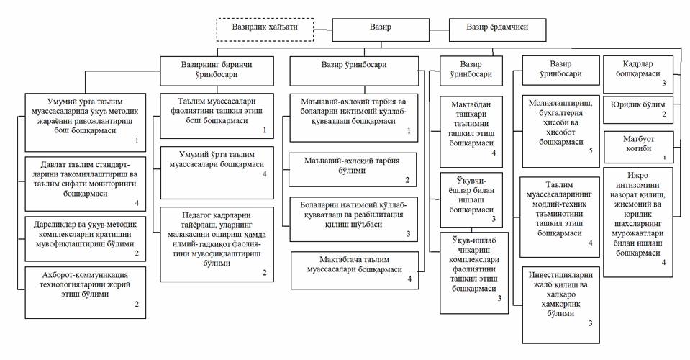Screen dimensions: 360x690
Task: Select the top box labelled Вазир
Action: pos(381,28)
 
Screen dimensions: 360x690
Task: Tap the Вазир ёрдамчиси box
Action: pos(496,28)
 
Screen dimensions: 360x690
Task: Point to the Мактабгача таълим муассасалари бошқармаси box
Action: pos(355,269)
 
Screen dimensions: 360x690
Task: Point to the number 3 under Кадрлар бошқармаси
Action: pos(663,84)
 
